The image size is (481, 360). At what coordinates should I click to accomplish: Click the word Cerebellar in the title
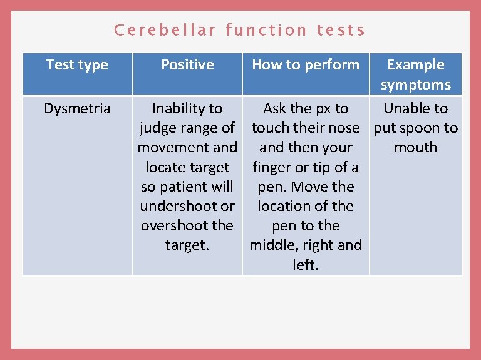[165, 30]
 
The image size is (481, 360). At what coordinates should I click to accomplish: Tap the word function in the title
[266, 30]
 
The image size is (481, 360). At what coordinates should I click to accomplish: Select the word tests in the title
[341, 30]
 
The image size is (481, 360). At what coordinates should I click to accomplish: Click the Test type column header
[78, 64]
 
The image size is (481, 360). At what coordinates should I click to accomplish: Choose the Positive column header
[187, 64]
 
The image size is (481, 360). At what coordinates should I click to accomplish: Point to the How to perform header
[306, 64]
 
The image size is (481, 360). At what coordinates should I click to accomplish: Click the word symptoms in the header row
[415, 85]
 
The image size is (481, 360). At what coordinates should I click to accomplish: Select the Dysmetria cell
[78, 108]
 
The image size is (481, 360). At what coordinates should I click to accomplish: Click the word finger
[271, 167]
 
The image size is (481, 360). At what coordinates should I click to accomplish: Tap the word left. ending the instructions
[305, 265]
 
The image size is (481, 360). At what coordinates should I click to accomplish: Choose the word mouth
[415, 148]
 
